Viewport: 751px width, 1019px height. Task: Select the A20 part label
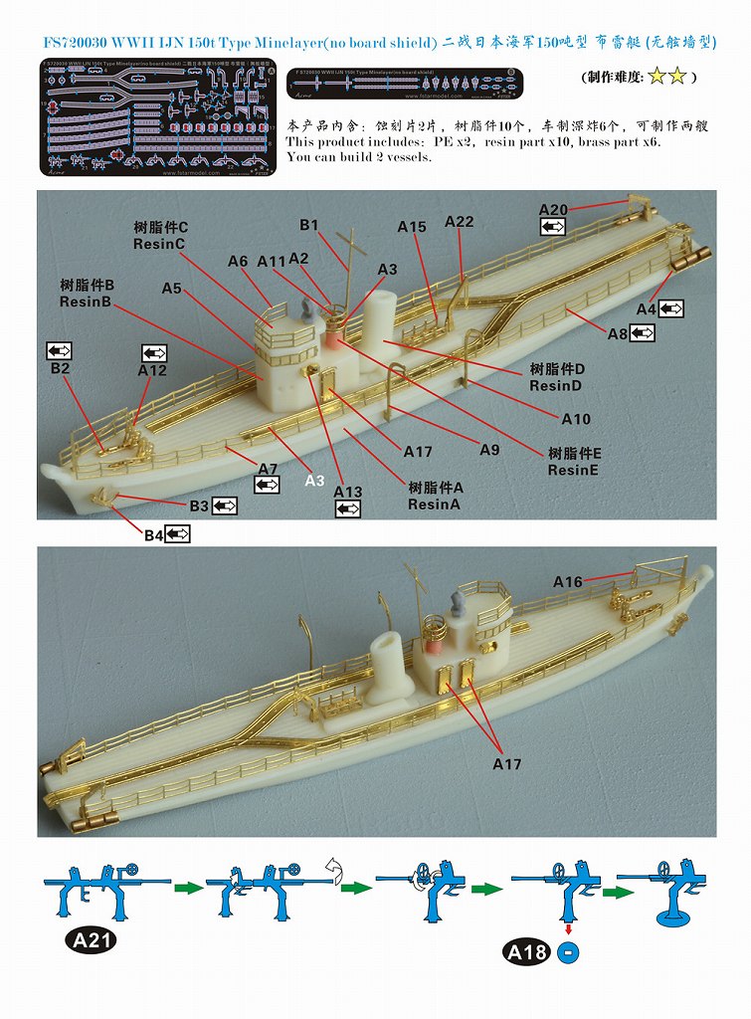pos(553,209)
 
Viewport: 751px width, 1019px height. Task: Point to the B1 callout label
pos(308,225)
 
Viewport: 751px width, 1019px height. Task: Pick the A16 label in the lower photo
pos(568,581)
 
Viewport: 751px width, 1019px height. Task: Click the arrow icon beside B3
pos(224,507)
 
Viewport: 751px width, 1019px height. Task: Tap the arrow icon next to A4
pos(671,309)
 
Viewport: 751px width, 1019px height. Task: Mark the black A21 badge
pos(91,940)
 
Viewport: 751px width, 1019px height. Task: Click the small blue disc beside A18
pos(568,953)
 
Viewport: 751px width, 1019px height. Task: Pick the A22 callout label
pos(459,221)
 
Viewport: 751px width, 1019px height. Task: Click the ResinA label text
pos(435,505)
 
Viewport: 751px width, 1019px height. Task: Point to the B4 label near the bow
pos(153,535)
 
